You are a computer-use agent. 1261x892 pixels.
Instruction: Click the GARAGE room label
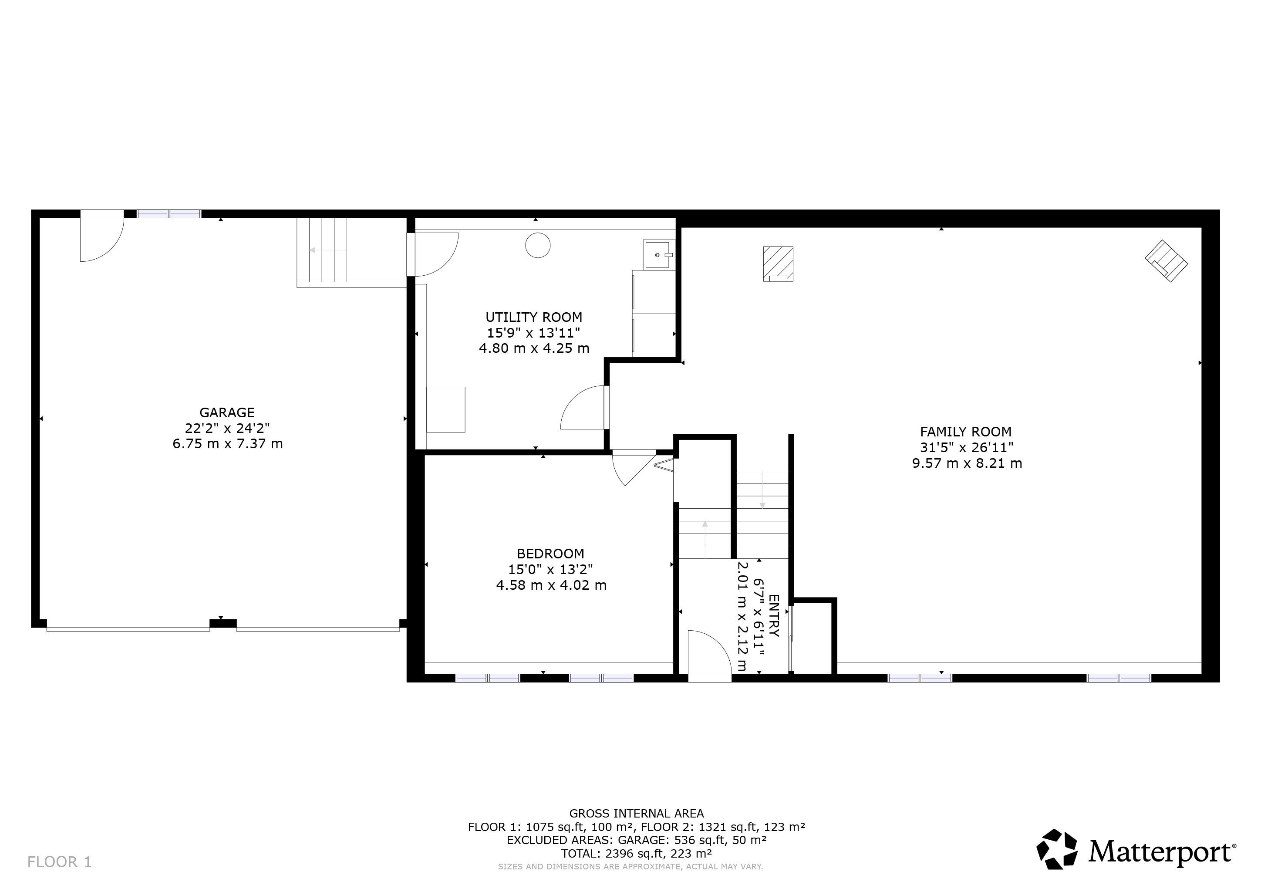(227, 412)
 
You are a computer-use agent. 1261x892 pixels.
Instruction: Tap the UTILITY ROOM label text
(534, 317)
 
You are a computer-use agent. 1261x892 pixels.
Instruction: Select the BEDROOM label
(550, 554)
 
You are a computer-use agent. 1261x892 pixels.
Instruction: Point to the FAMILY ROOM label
(965, 432)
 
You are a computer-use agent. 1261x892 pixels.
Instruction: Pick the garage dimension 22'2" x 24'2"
(227, 428)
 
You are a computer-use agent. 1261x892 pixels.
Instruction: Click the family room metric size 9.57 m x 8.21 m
(967, 463)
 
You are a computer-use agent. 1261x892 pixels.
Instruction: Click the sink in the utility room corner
(657, 255)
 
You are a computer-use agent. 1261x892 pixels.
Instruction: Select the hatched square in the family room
(778, 264)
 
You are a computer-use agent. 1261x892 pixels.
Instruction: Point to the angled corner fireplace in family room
(1166, 261)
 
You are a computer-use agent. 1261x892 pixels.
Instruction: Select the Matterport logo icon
(1057, 849)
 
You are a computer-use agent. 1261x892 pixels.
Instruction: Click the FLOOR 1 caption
(59, 862)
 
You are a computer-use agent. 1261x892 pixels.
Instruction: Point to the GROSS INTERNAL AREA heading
(637, 814)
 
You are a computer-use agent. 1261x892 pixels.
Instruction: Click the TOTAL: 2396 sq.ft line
(637, 854)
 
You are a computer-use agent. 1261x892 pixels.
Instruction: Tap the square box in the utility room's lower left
(446, 410)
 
